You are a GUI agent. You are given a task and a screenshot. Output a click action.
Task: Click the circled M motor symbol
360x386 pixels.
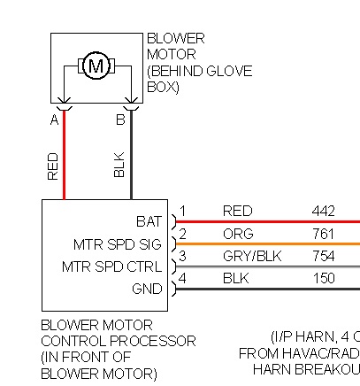pyautogui.click(x=96, y=66)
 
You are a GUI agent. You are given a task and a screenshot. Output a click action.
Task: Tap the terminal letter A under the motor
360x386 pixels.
pyautogui.click(x=55, y=120)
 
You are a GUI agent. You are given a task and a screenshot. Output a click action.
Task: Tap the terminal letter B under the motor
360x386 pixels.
pyautogui.click(x=120, y=120)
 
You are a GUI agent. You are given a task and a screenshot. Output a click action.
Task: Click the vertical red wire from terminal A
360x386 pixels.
pyautogui.click(x=64, y=155)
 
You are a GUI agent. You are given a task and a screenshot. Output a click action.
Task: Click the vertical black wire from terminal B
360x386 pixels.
pyautogui.click(x=131, y=155)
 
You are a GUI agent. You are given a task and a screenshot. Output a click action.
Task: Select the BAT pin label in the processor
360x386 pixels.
pyautogui.click(x=149, y=221)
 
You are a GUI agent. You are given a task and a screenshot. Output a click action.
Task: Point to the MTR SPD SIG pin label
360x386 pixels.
pyautogui.click(x=118, y=244)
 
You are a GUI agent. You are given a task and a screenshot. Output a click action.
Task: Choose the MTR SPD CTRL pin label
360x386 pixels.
pyautogui.click(x=112, y=266)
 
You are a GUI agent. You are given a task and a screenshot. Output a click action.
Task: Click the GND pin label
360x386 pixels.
pyautogui.click(x=147, y=289)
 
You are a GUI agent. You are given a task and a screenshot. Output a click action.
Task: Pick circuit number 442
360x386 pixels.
pyautogui.click(x=324, y=212)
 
